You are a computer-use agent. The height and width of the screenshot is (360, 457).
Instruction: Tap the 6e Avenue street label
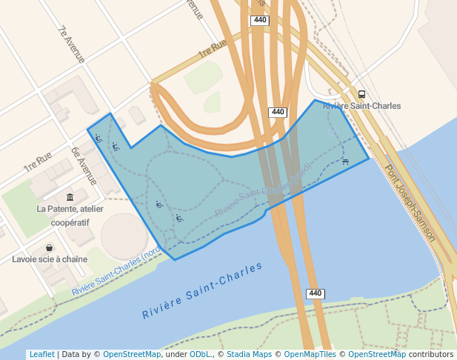point(84,165)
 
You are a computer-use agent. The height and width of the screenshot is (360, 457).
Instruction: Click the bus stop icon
point(361,94)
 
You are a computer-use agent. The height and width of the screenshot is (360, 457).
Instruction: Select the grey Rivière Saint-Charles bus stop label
point(362,106)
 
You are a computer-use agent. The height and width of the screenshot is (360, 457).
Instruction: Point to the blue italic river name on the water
point(202,290)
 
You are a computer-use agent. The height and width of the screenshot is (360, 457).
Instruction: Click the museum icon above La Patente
point(70,197)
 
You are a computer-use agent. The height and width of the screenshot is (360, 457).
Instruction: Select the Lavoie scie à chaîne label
point(50,259)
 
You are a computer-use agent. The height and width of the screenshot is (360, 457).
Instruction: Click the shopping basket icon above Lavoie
point(49,248)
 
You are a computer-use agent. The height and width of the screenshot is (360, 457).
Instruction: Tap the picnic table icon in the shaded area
point(345,161)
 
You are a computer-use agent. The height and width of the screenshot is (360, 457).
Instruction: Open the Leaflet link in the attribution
point(41,355)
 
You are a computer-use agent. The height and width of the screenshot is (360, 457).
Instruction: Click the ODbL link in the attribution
point(200,355)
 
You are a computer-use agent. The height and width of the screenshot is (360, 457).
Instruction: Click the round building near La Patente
point(124,236)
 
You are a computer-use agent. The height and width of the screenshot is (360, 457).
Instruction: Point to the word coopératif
point(70,221)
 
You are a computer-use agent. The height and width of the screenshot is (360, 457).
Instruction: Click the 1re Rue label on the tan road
point(211,50)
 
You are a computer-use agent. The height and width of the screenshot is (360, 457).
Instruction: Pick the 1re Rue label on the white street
point(37,162)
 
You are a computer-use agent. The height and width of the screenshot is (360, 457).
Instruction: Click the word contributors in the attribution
point(430,355)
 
